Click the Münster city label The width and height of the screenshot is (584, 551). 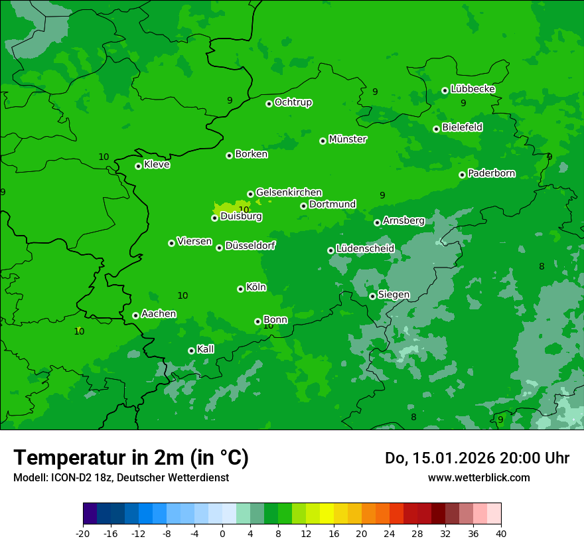348,139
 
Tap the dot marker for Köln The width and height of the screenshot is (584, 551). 240,289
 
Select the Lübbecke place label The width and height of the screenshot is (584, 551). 473,89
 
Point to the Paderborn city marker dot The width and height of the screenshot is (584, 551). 462,175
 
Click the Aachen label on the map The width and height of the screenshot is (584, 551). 159,314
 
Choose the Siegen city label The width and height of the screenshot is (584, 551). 394,295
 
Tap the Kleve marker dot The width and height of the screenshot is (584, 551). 138,166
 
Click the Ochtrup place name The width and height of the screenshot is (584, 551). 293,102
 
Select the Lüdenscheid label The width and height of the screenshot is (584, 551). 365,249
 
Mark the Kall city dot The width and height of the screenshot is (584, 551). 191,351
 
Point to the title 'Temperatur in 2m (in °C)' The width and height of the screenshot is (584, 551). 131,457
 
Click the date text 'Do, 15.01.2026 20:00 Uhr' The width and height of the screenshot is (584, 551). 477,458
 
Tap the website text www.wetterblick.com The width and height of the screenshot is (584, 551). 478,477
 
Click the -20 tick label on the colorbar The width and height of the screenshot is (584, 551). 83,534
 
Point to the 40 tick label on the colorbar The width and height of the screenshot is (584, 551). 501,534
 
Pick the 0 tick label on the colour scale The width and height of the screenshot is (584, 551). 222,534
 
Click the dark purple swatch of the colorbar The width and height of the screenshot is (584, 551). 90,514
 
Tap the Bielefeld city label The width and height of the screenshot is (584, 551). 462,127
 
